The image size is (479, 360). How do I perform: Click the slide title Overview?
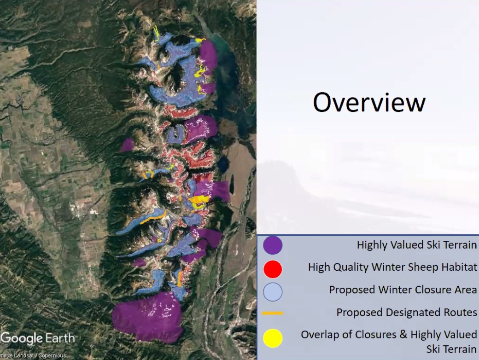click(x=369, y=102)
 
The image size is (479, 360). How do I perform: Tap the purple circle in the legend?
click(x=273, y=245)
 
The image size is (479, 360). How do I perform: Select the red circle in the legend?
click(x=273, y=269)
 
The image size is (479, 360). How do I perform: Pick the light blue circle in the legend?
click(x=273, y=292)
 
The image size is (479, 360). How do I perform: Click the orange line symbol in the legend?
click(x=273, y=313)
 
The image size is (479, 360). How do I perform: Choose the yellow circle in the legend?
click(x=273, y=338)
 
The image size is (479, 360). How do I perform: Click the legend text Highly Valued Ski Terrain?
click(x=417, y=245)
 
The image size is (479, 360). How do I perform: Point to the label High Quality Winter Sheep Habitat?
click(x=392, y=267)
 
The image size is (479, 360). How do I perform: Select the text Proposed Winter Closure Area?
click(x=403, y=290)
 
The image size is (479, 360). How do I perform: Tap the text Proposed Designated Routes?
click(x=407, y=313)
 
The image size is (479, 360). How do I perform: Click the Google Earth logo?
click(x=38, y=338)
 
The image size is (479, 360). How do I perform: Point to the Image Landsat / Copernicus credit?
click(x=33, y=356)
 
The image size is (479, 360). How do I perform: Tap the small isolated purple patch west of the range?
click(x=127, y=145)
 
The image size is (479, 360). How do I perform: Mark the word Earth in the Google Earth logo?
click(x=60, y=338)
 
